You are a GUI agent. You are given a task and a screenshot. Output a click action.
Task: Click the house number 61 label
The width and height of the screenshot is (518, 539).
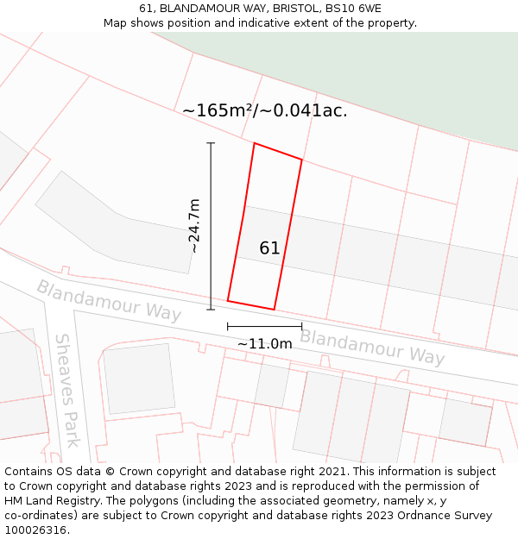coord(269,248)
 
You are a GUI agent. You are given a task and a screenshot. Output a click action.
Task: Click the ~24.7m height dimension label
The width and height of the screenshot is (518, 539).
coord(195,226)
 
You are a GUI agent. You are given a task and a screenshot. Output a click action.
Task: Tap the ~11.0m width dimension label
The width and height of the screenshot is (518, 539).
coord(265,343)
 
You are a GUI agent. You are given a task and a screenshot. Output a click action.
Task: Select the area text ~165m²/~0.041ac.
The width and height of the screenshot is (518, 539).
coord(265,110)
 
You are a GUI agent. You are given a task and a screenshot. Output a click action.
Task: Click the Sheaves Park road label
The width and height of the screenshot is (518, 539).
coord(67,390)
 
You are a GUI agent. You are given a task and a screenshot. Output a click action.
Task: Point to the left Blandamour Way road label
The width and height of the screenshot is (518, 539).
coord(108,301)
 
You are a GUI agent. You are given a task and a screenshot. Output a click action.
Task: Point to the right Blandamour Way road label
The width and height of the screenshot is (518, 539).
coord(372,346)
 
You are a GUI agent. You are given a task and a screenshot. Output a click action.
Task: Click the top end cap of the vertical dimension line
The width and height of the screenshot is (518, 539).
coord(211,143)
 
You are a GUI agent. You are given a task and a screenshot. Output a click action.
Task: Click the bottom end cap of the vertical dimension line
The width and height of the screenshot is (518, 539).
coord(211,309)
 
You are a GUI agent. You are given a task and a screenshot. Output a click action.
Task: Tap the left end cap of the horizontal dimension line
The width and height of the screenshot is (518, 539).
coord(228,326)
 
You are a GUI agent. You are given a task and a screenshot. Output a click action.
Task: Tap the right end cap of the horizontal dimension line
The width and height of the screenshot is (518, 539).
coord(301,326)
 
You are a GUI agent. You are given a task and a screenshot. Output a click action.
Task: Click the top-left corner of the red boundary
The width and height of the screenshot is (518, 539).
coord(254,144)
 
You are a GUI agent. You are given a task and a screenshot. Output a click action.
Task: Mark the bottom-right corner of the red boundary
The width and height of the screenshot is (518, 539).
coord(274,309)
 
